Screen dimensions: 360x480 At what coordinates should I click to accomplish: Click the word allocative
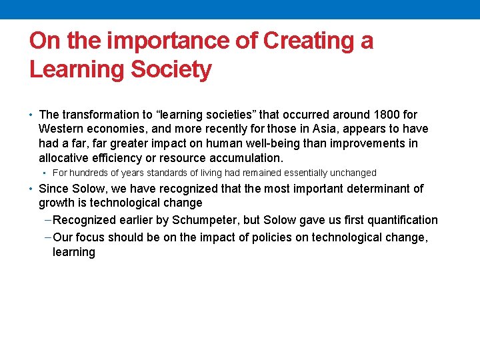pos(65,159)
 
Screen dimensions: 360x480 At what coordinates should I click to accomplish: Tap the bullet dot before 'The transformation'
pos(32,115)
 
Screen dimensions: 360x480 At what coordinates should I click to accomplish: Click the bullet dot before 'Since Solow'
pos(32,189)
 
